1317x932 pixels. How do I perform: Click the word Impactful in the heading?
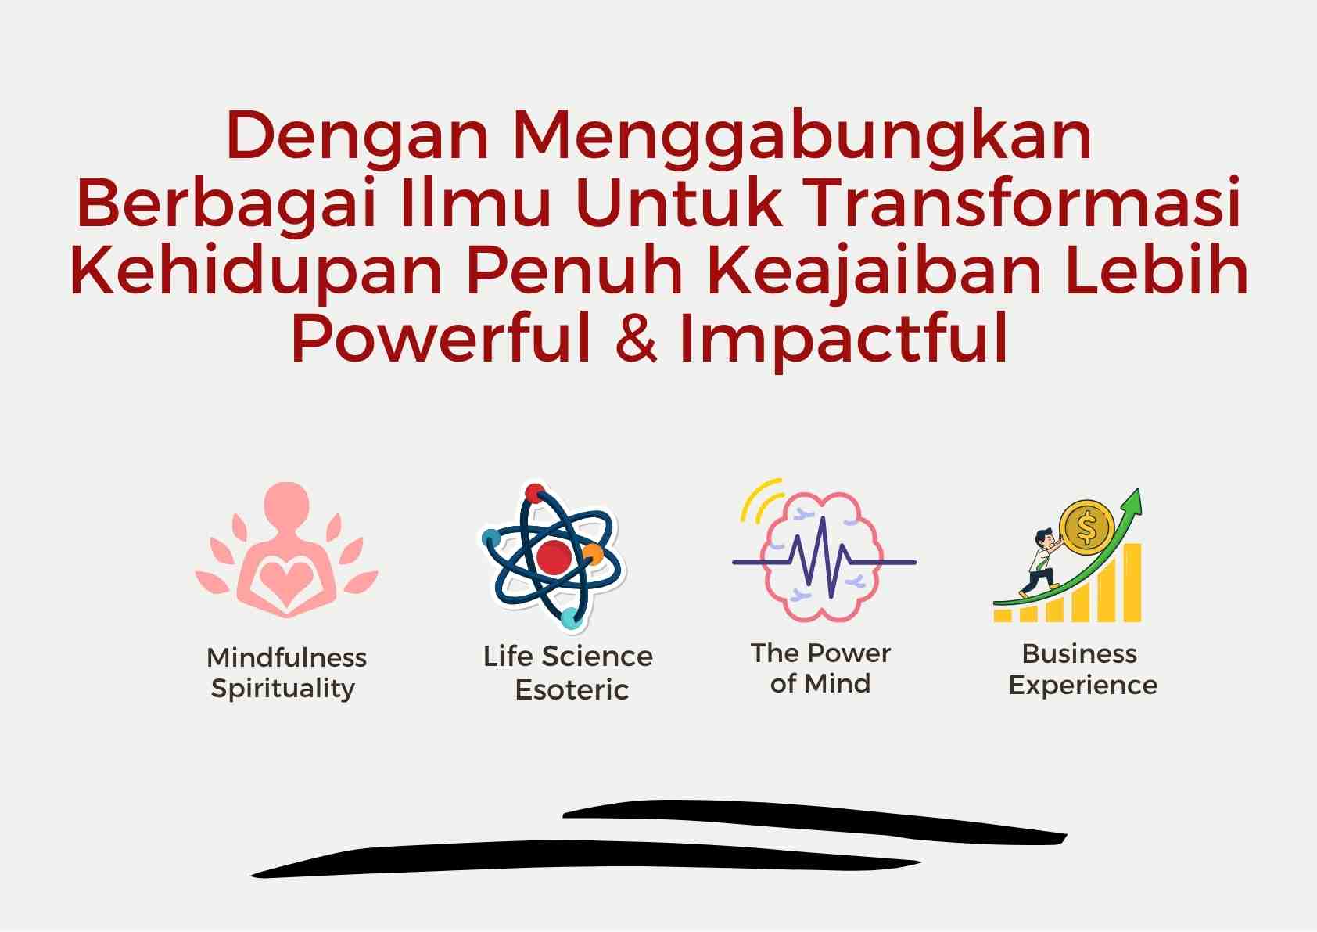tap(845, 340)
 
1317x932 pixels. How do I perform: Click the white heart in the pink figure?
tap(286, 579)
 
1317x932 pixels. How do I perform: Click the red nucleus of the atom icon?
tap(553, 557)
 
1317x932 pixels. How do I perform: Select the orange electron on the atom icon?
tap(594, 554)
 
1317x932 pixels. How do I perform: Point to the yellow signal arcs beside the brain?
tap(759, 500)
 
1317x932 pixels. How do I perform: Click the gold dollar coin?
tap(1086, 527)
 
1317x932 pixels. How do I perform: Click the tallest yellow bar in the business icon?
tap(1132, 582)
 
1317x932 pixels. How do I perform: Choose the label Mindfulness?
tap(286, 657)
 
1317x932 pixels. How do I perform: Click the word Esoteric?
tap(572, 689)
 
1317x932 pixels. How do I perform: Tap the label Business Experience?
tap(1082, 669)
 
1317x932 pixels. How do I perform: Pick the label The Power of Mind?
tap(820, 668)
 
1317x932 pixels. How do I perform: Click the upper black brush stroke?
tap(815, 822)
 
